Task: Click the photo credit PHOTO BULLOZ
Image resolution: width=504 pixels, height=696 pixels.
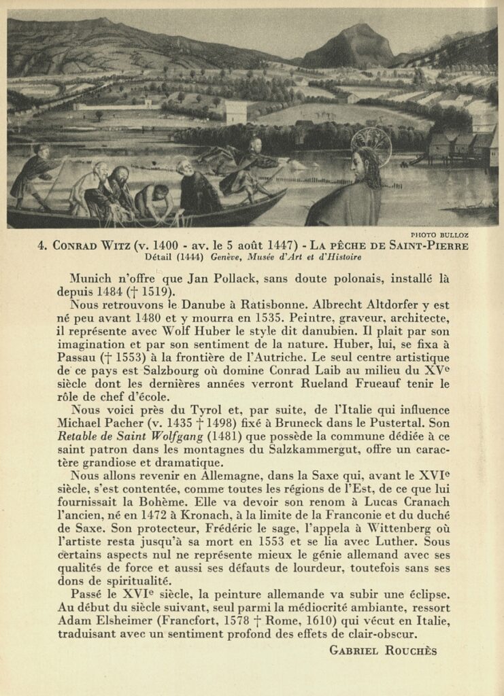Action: pos(439,235)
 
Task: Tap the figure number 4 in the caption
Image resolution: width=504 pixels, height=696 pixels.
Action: pos(42,245)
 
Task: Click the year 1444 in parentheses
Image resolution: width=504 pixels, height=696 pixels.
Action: pos(187,257)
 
